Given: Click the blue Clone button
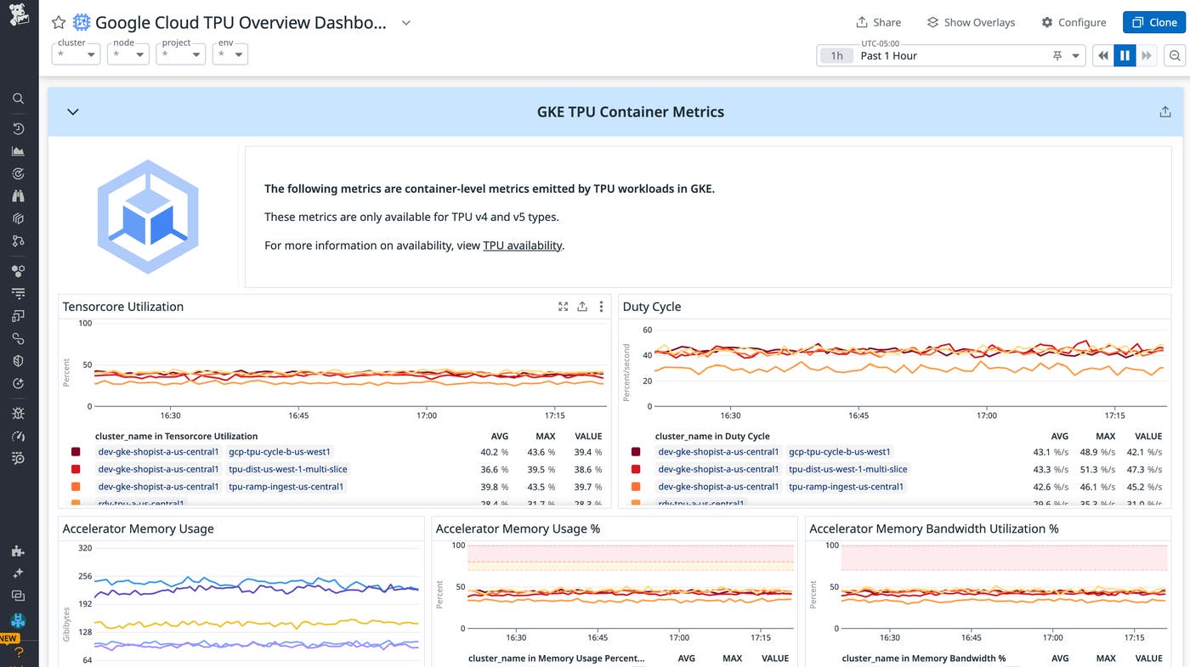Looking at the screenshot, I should [1153, 22].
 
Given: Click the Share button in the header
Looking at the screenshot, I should [878, 22].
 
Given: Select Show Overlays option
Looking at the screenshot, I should [971, 22].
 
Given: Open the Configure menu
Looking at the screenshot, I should [1074, 22].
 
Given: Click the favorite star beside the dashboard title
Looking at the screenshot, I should [58, 23].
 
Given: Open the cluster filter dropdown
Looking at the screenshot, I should [76, 54].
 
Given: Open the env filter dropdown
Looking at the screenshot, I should [229, 54].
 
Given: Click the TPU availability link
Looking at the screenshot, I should [522, 246].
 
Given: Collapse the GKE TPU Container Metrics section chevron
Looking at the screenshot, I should [73, 112].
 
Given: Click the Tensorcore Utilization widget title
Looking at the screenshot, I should [123, 307].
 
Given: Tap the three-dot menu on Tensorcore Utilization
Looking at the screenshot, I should [601, 307].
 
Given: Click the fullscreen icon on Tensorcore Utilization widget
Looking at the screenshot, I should [563, 307].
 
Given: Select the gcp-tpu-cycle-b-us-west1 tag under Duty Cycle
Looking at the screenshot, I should [839, 452].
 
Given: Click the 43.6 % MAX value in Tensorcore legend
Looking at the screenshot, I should [541, 452].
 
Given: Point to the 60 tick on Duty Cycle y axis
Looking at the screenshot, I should [647, 330].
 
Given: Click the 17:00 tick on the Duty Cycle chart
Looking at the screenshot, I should [986, 415].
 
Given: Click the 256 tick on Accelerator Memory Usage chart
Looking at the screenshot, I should [85, 576].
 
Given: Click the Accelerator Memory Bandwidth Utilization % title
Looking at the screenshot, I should [933, 529].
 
